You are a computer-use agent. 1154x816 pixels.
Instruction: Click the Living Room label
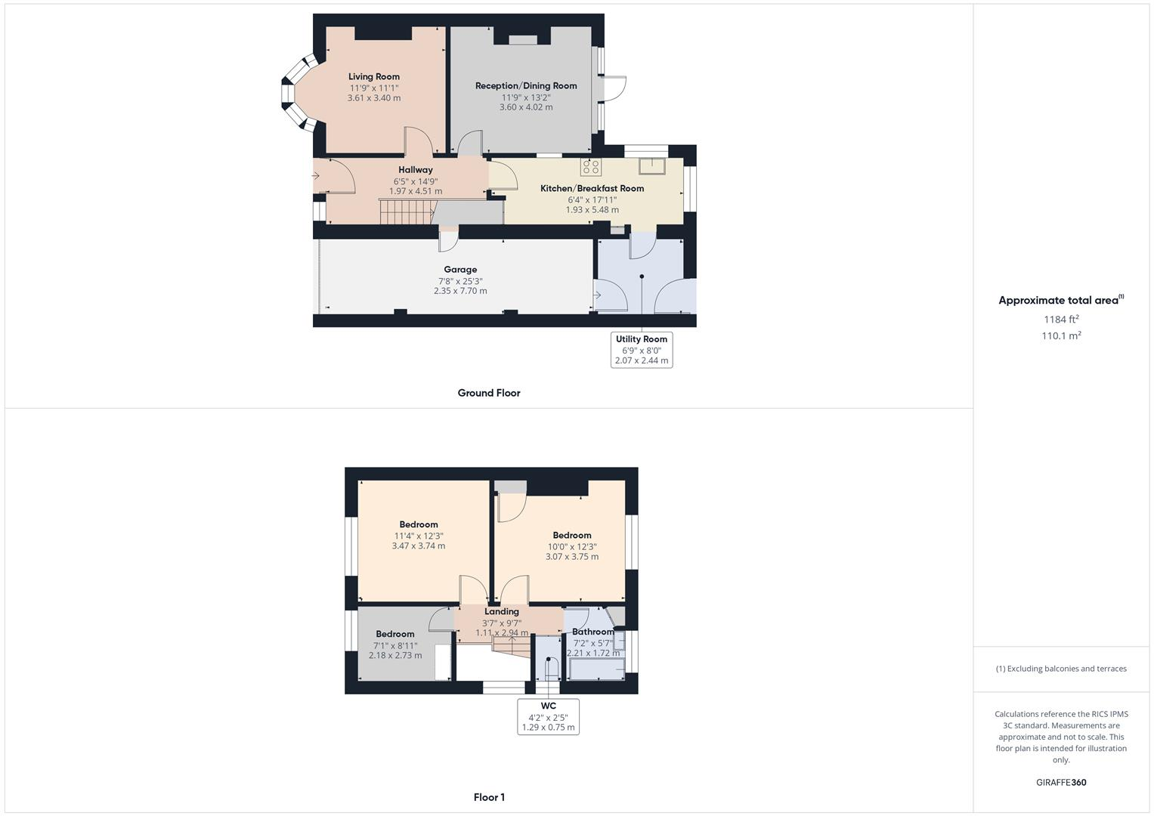point(373,76)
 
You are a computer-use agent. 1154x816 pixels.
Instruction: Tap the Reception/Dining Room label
point(525,86)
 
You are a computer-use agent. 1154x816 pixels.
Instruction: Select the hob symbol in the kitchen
point(590,166)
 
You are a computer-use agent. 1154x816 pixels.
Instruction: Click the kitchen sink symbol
point(650,166)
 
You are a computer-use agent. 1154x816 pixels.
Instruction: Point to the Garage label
point(460,270)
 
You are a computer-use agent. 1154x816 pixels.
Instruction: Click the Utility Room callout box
point(641,350)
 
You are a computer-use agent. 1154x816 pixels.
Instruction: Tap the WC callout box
point(548,716)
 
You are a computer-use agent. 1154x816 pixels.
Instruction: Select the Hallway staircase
point(406,212)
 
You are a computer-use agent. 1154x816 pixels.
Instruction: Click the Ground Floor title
point(488,393)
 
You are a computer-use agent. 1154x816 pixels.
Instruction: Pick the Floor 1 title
point(489,797)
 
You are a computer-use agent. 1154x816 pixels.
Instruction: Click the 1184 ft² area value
point(1061,320)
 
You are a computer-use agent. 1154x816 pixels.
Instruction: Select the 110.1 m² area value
point(1061,336)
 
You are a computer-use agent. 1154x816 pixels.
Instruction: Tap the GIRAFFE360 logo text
point(1061,783)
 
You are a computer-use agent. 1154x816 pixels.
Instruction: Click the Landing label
point(502,612)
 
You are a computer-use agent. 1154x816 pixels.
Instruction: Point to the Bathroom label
point(592,632)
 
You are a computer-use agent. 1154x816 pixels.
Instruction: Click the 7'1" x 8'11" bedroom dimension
point(395,645)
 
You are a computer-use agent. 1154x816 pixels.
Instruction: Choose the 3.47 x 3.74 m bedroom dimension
point(418,546)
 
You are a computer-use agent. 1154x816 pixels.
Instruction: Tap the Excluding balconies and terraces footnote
point(1061,669)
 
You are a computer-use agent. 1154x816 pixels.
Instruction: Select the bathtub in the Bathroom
point(596,669)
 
